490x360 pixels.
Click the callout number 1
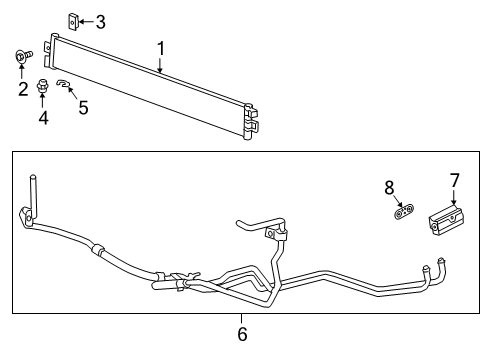160,46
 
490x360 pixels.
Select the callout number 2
21,90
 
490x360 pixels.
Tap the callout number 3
100,21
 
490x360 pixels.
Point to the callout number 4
43,119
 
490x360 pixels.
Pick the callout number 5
83,106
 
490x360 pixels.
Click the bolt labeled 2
21,56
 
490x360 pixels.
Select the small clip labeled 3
73,19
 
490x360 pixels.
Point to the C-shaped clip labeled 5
62,85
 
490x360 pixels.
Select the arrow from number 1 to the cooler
160,64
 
